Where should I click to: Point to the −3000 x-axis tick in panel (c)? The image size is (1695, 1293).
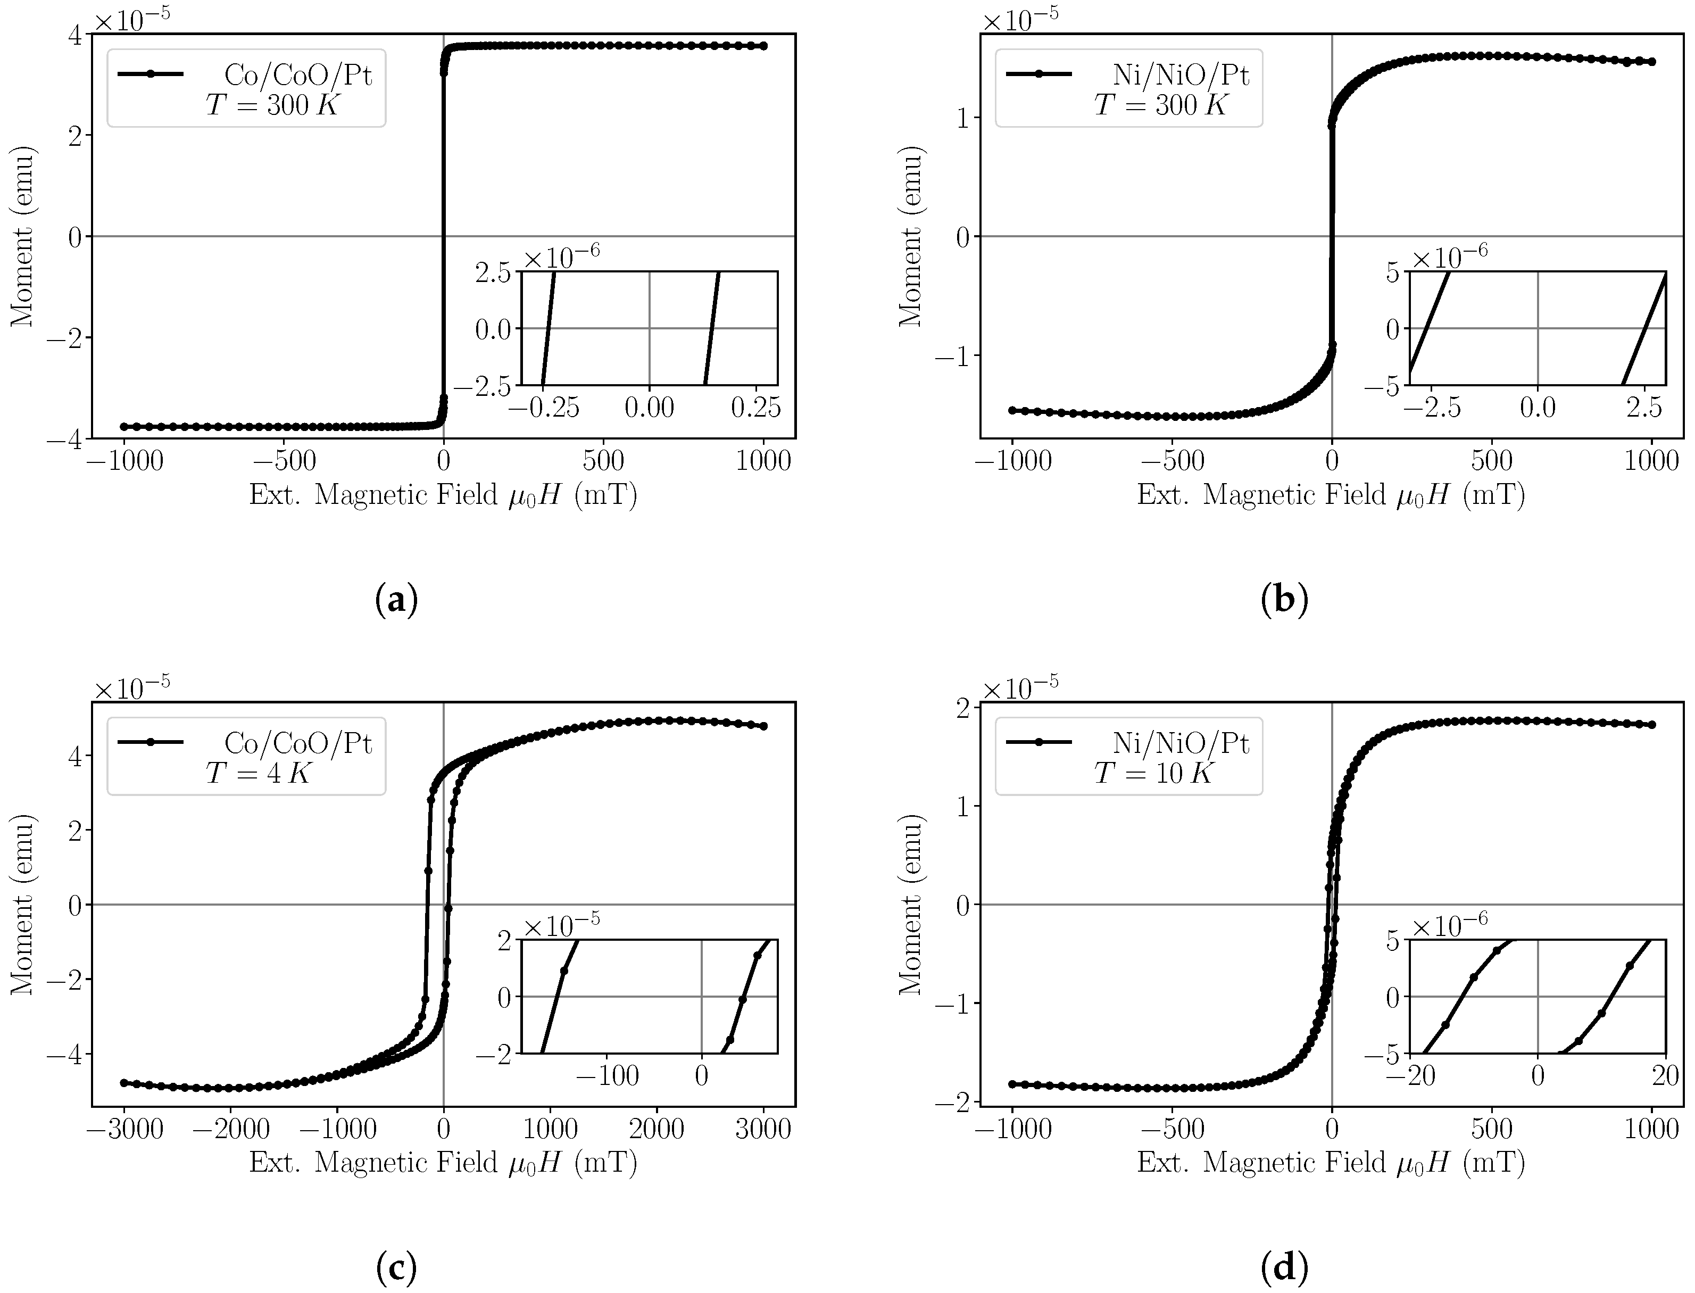[x=124, y=1129]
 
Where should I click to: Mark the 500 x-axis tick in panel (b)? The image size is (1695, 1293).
[x=1492, y=461]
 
